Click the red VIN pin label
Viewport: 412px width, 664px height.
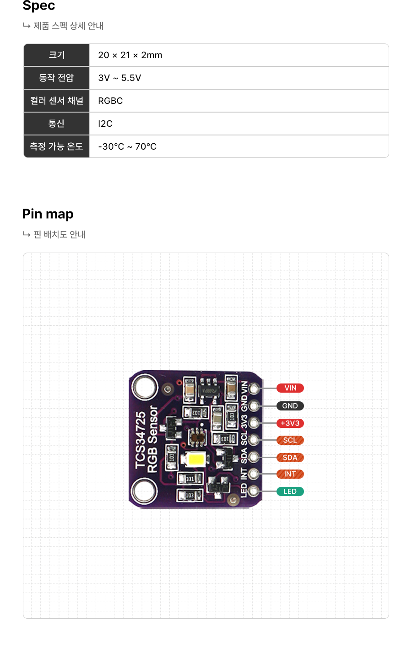pos(290,388)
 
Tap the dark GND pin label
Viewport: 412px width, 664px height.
pos(290,406)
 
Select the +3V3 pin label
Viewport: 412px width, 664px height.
pos(290,423)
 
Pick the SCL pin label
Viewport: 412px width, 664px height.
pos(290,440)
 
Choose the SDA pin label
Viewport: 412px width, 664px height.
pos(290,458)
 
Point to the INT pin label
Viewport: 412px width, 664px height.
pos(290,474)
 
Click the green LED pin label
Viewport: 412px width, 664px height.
pos(290,491)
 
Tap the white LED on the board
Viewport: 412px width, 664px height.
pos(196,459)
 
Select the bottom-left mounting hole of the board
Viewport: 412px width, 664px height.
pos(144,492)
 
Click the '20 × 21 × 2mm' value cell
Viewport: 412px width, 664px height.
pos(130,55)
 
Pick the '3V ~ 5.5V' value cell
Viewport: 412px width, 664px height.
pos(120,78)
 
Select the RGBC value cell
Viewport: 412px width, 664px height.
pos(111,101)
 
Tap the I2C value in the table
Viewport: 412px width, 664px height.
pos(105,124)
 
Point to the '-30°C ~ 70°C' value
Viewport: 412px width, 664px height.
pos(127,146)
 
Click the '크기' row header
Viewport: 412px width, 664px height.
pos(56,55)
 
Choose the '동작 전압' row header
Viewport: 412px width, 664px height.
pos(56,78)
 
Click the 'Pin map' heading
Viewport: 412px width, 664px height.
pos(48,214)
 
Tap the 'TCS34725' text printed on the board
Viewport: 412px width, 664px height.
pos(141,440)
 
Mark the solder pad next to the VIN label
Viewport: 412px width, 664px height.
pos(254,388)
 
